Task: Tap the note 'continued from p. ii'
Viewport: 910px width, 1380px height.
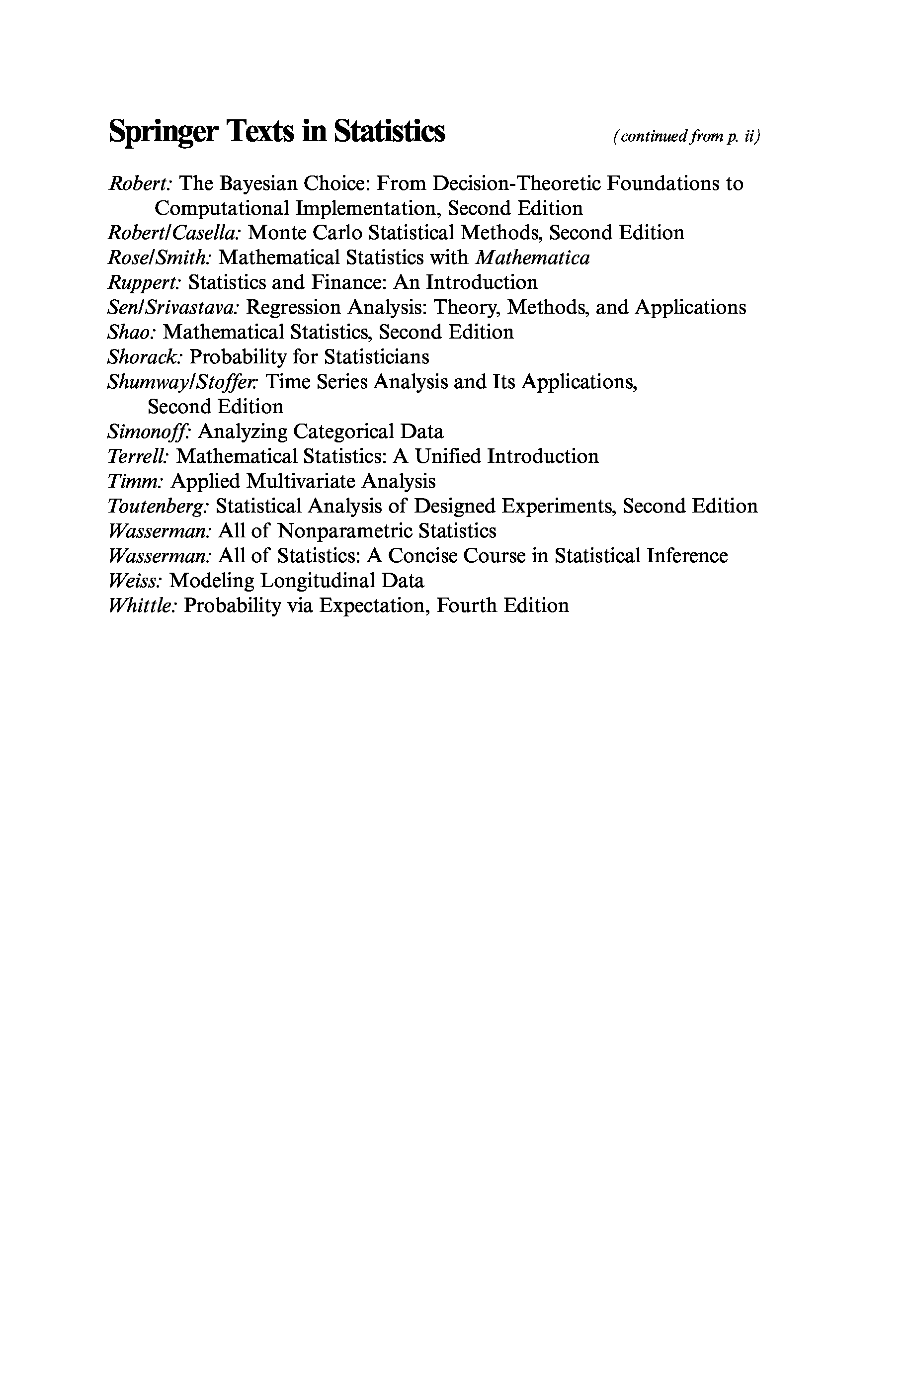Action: pos(686,136)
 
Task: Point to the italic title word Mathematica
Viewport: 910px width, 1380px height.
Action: pos(532,258)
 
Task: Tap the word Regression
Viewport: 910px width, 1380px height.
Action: pos(294,308)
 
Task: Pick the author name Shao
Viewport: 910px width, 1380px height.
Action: pos(132,332)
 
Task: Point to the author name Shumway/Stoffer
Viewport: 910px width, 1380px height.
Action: pos(181,382)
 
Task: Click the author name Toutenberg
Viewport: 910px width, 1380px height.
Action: pos(159,506)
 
